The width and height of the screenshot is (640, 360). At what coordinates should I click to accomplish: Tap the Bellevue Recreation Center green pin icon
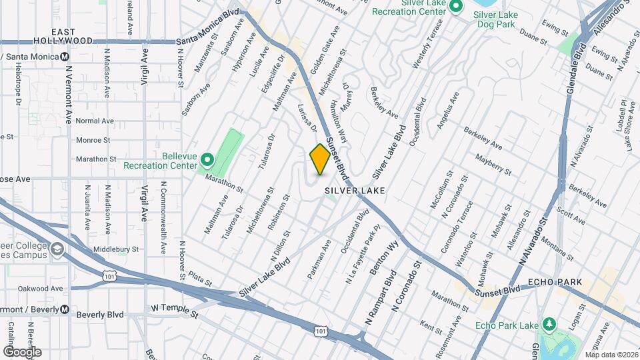(207, 160)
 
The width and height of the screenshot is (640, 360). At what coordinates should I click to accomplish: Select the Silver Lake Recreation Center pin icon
(456, 7)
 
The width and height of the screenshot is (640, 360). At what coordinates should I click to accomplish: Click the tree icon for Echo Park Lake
(549, 325)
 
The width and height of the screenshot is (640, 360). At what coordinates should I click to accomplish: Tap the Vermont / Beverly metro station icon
(64, 309)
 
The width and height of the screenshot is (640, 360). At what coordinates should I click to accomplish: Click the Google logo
(23, 351)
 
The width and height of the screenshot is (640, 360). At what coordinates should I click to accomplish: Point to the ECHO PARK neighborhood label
(551, 283)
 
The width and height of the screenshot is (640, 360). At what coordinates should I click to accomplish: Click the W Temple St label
(175, 309)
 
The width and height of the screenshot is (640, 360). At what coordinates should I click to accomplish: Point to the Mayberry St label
(494, 165)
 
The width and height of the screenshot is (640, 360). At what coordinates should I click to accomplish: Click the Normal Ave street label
(95, 121)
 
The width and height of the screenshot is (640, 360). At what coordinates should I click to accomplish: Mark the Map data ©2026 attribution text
(611, 355)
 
